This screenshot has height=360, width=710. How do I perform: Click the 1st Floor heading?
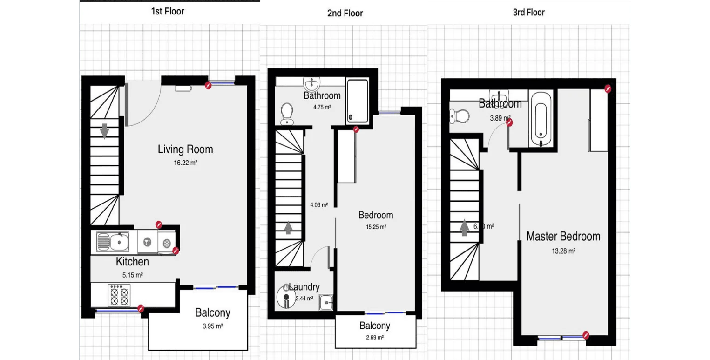pyautogui.click(x=167, y=12)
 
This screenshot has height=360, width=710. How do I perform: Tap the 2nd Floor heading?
pyautogui.click(x=345, y=13)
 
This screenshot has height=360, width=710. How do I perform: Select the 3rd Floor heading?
pyautogui.click(x=528, y=13)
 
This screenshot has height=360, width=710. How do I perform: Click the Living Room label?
pyautogui.click(x=185, y=149)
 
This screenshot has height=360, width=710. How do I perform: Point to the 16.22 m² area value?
pyautogui.click(x=185, y=163)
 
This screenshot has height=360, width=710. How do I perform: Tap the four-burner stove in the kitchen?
pyautogui.click(x=118, y=295)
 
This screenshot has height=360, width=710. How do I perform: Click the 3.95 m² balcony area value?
pyautogui.click(x=212, y=326)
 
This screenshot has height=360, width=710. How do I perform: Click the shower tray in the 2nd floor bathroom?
pyautogui.click(x=357, y=101)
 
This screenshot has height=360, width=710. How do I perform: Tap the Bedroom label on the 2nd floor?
pyautogui.click(x=375, y=215)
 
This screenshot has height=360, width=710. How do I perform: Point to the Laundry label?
pyautogui.click(x=304, y=287)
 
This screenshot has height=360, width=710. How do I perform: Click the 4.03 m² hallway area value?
pyautogui.click(x=319, y=205)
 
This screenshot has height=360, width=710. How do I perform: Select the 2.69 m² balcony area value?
pyautogui.click(x=374, y=338)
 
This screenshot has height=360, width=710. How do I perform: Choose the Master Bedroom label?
pyautogui.click(x=563, y=236)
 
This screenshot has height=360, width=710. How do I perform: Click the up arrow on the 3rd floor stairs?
pyautogui.click(x=464, y=228)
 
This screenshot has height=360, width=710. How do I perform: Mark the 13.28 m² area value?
pyautogui.click(x=563, y=251)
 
